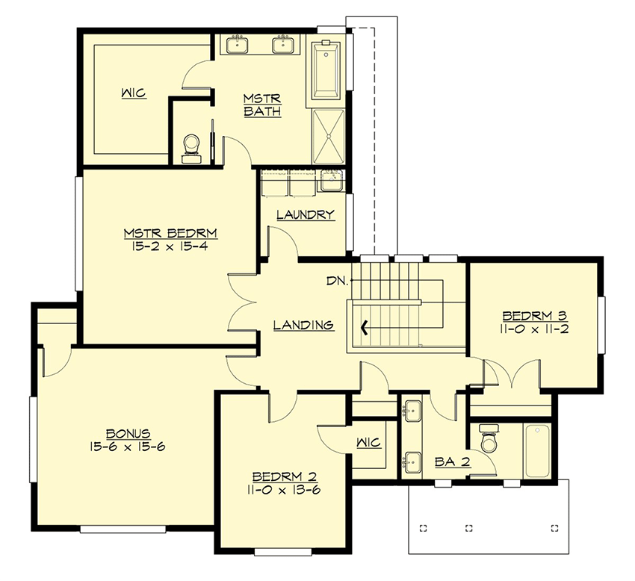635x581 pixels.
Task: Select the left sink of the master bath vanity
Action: tap(238, 45)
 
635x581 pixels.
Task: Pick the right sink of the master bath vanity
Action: tap(283, 45)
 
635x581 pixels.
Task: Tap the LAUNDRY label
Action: tap(305, 215)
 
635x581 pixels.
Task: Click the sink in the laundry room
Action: tap(329, 180)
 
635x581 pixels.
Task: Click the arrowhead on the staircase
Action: tap(365, 326)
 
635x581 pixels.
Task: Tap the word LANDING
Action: tap(303, 325)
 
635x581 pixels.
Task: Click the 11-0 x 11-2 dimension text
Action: tap(534, 328)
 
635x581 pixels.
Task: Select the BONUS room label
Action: tap(129, 432)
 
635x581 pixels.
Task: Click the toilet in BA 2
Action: tap(489, 441)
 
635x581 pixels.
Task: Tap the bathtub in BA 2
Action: tap(537, 451)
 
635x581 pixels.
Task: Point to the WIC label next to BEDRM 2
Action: tap(368, 443)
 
